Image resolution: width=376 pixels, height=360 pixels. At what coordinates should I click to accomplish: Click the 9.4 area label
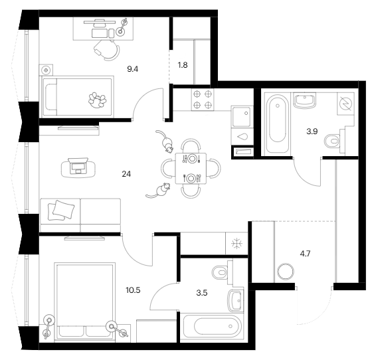tap(133, 70)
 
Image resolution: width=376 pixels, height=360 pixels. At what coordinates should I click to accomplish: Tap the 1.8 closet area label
tap(183, 65)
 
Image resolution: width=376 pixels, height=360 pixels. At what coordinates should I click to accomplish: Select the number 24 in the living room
tap(126, 174)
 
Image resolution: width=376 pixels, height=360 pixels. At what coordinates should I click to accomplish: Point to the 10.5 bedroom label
tap(133, 290)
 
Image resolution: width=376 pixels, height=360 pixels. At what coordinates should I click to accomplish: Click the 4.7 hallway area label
tap(306, 253)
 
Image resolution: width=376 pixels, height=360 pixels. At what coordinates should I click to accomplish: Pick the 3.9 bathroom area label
tap(312, 132)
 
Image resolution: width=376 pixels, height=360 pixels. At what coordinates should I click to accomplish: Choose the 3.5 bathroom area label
tap(202, 293)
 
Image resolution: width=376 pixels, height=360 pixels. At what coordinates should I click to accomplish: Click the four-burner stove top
tap(203, 100)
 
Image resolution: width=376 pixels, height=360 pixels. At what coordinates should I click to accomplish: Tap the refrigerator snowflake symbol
tap(236, 244)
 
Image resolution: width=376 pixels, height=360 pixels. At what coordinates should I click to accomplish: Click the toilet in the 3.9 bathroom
tap(335, 141)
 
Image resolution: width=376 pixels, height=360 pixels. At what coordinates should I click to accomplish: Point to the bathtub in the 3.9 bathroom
tap(278, 124)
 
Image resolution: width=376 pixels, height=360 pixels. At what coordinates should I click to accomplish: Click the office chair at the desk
tap(107, 50)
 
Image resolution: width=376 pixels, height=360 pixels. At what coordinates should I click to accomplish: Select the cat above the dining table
tap(165, 141)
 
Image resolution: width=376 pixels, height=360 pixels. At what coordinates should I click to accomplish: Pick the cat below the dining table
tap(159, 191)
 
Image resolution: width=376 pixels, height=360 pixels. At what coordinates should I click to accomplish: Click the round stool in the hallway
tap(286, 272)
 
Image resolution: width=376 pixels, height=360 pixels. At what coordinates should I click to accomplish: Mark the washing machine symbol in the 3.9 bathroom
tap(346, 104)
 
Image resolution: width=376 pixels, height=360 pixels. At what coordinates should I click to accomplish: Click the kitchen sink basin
tap(242, 117)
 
